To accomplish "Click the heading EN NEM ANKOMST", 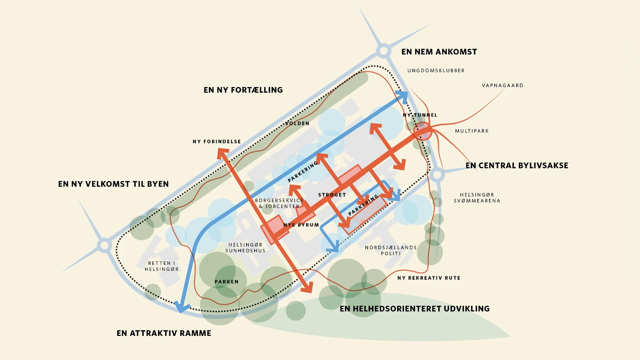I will click(x=439, y=52).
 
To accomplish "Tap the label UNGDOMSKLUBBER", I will click(x=436, y=71).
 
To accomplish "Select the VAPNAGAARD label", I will click(x=502, y=86).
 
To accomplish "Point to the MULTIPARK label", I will click(x=472, y=131).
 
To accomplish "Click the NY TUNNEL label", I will click(x=420, y=115).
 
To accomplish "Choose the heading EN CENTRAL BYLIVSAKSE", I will click(x=517, y=166).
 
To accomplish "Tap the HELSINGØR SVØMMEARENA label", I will click(x=477, y=198).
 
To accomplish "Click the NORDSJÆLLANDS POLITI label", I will click(x=391, y=250).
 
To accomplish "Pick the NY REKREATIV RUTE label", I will click(x=429, y=278).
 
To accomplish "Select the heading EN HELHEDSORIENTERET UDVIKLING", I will click(x=414, y=309).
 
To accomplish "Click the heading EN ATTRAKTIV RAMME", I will click(x=164, y=333).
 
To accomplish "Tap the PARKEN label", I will click(x=227, y=282).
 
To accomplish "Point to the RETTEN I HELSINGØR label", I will click(x=162, y=266).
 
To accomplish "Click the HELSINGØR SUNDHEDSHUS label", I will click(x=245, y=248).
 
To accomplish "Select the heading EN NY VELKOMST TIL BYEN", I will click(x=113, y=184).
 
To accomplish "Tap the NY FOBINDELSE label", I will click(x=217, y=142).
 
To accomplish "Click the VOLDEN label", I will click(x=297, y=123).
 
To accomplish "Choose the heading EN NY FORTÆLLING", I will click(x=243, y=90).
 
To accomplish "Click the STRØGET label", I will click(x=332, y=195).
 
